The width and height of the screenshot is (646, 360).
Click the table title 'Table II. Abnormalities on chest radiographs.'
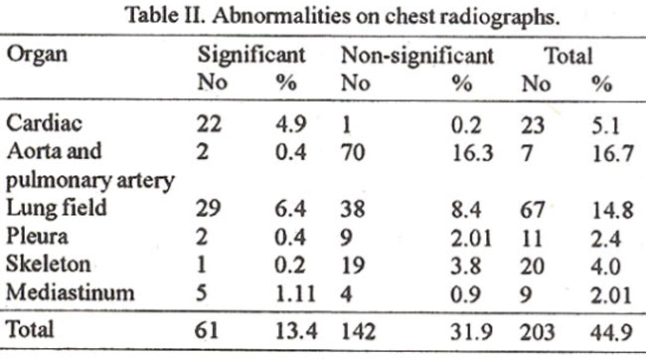click(x=343, y=17)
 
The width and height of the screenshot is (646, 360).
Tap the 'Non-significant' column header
click(x=417, y=56)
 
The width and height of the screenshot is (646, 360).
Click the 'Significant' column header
click(x=251, y=56)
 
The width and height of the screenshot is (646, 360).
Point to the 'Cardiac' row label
click(x=44, y=123)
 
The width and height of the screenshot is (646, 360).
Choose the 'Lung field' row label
click(x=57, y=208)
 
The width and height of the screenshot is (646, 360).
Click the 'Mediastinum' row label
click(x=70, y=292)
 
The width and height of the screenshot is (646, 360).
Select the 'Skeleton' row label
click(x=49, y=265)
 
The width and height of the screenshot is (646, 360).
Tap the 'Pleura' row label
click(x=37, y=237)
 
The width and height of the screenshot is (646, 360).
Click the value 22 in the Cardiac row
click(x=209, y=123)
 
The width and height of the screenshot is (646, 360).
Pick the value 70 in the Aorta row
click(x=353, y=152)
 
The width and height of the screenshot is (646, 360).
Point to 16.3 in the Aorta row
click(x=472, y=153)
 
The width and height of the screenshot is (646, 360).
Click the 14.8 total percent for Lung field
click(x=612, y=210)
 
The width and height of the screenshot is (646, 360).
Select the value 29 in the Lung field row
click(x=209, y=208)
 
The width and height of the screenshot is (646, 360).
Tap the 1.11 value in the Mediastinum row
click(x=295, y=294)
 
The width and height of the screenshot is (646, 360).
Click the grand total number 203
click(x=537, y=332)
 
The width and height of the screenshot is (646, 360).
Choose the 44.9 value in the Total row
click(x=611, y=332)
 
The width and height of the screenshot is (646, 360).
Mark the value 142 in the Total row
click(x=358, y=331)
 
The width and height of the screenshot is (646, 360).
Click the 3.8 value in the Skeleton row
click(x=466, y=266)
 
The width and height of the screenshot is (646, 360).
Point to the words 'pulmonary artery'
click(x=90, y=181)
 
